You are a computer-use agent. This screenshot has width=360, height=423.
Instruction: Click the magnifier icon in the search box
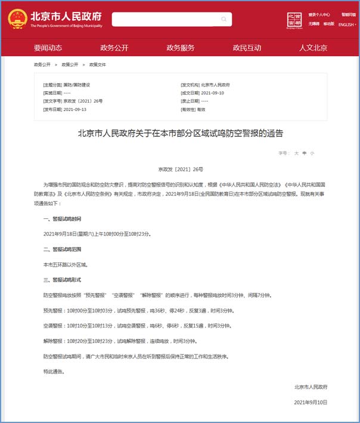pos(224,19)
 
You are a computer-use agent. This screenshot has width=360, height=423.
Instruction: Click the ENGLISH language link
pos(346,25)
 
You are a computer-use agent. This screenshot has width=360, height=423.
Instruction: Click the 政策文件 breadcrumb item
pos(98,64)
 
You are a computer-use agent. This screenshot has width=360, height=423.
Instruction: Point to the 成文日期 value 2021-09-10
pos(213,93)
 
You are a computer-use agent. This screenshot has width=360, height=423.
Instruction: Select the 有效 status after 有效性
pos(201,110)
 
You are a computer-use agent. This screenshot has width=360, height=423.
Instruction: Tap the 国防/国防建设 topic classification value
pos(77,85)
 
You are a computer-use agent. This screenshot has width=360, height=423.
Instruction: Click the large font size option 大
pos(296,153)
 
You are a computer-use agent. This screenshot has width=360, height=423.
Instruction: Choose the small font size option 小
pos(312,153)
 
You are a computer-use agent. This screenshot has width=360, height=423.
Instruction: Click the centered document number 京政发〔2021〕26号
pos(180,169)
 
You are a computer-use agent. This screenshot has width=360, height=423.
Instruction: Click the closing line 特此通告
pos(53,372)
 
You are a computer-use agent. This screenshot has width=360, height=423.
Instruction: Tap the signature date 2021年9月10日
pos(311,403)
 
